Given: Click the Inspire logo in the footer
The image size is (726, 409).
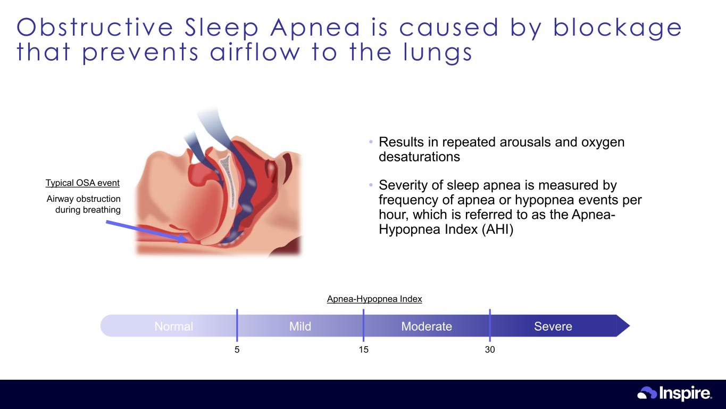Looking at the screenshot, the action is tap(674, 393).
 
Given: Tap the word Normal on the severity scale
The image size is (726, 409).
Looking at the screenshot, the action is tap(174, 326).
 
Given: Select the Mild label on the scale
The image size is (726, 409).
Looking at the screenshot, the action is tap(300, 326).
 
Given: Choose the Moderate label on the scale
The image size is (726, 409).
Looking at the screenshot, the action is tap(427, 326).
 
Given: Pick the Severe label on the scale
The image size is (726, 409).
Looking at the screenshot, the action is tap(553, 326).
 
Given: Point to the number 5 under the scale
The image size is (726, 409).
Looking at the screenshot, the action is tap(237, 349).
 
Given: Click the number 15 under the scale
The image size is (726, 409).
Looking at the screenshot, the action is tap(364, 349).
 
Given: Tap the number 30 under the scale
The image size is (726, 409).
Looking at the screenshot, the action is tap(490, 349).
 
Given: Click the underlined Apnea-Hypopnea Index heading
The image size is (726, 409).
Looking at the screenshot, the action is tap(374, 299).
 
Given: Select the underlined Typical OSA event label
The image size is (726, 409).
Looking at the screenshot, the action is tap(82, 183).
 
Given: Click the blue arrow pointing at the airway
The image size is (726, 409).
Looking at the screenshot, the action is tap(147, 231).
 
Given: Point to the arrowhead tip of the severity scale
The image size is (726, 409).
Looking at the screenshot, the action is tap(629, 325).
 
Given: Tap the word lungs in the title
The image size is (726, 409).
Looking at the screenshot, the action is tap(438, 52).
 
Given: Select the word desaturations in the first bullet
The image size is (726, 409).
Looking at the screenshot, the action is tap(419, 157).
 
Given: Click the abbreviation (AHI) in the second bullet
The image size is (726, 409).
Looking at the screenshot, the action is tap(497, 230).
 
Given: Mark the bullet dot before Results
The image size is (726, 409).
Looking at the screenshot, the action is tap(371, 142).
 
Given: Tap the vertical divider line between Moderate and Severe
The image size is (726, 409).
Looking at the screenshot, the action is tap(490, 325).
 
